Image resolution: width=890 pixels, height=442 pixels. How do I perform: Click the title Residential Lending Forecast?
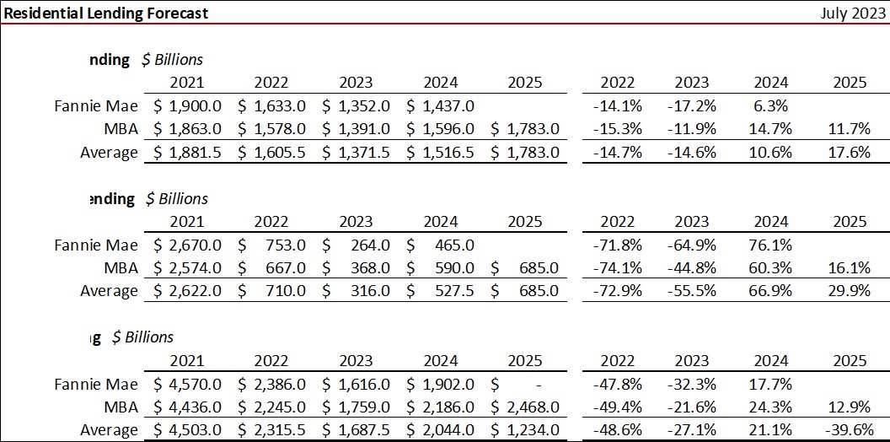[x=106, y=13]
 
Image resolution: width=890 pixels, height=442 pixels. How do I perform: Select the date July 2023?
[x=851, y=13]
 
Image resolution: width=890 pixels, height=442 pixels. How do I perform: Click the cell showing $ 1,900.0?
[x=187, y=105]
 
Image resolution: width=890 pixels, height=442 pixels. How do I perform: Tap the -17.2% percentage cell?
[x=692, y=105]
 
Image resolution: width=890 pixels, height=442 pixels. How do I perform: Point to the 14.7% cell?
[x=770, y=129]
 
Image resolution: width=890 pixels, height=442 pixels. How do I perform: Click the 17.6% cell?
[x=850, y=153]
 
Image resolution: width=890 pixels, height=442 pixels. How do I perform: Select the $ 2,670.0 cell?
[x=187, y=245]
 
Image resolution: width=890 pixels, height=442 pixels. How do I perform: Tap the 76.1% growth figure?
[x=770, y=245]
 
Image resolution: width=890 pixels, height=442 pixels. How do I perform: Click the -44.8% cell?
[x=692, y=268]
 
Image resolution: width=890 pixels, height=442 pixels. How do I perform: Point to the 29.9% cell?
[x=850, y=291]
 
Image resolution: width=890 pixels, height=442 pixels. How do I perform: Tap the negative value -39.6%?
[x=847, y=430]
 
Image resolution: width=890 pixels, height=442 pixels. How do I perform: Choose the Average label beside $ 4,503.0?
[x=109, y=430]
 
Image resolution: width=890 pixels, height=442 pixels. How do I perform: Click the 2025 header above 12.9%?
[x=850, y=360]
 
